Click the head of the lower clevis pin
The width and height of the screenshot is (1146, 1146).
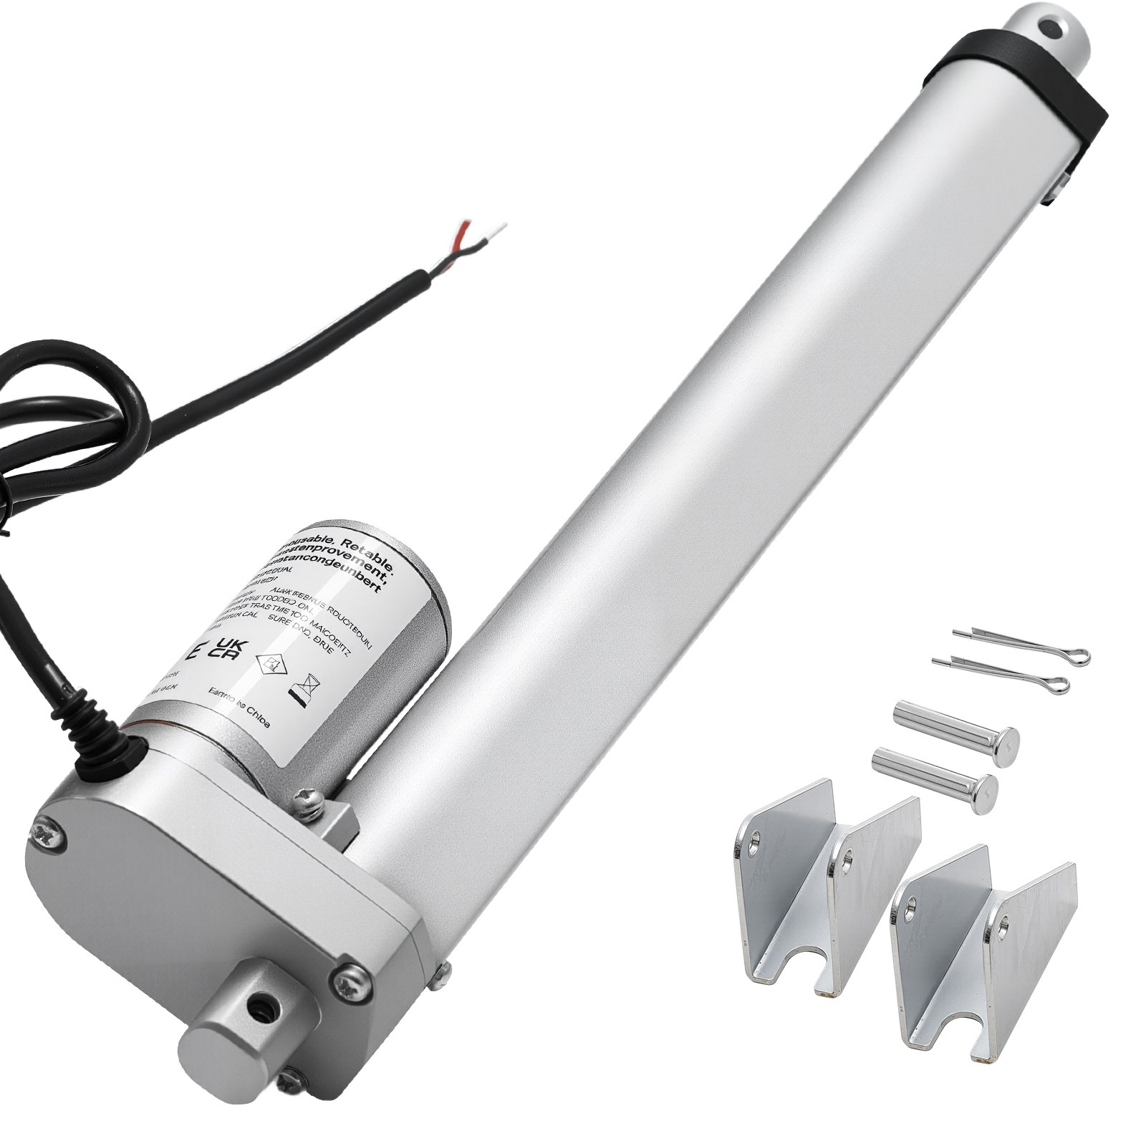point(985,786)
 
